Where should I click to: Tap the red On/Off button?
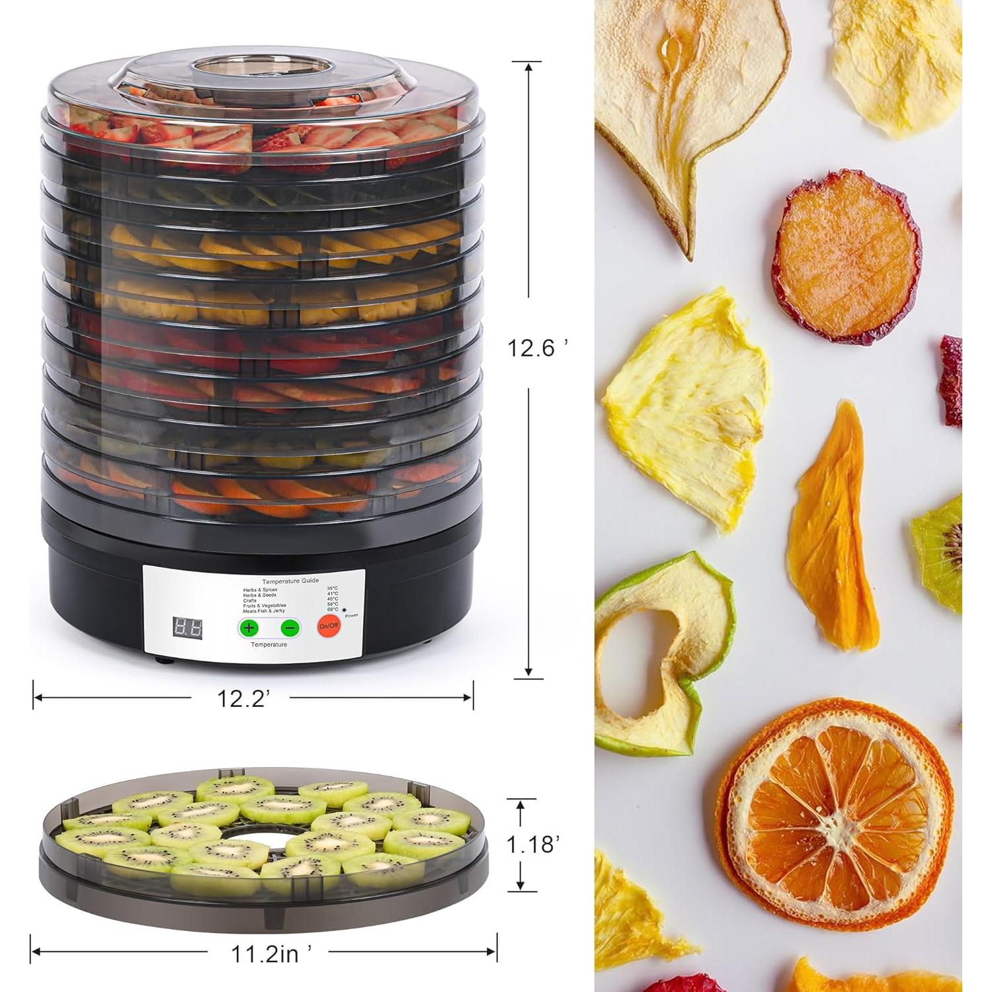click(x=329, y=625)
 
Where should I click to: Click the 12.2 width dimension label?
click(x=242, y=697)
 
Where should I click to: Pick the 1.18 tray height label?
click(x=534, y=844)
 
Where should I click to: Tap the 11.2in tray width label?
click(x=270, y=953)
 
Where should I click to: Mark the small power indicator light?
click(x=345, y=606)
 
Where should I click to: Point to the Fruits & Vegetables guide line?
click(x=265, y=605)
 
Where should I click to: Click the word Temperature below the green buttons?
click(x=269, y=644)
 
